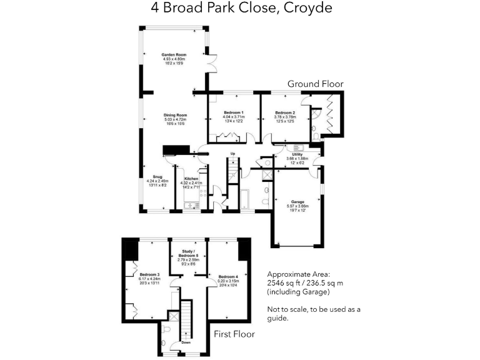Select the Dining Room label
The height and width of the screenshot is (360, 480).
pyautogui.click(x=176, y=115)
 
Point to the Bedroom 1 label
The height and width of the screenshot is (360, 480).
pyautogui.click(x=234, y=112)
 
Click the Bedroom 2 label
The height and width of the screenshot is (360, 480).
pyautogui.click(x=286, y=112)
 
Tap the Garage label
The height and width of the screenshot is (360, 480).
pyautogui.click(x=297, y=202)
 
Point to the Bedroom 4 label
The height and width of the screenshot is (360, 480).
pyautogui.click(x=228, y=276)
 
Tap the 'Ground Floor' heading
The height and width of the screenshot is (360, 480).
pyautogui.click(x=315, y=84)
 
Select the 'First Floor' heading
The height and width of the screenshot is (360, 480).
pyautogui.click(x=234, y=334)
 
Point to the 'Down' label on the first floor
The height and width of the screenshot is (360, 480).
pyautogui.click(x=186, y=342)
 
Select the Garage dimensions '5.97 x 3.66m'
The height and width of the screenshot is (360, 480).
pyautogui.click(x=297, y=206)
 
